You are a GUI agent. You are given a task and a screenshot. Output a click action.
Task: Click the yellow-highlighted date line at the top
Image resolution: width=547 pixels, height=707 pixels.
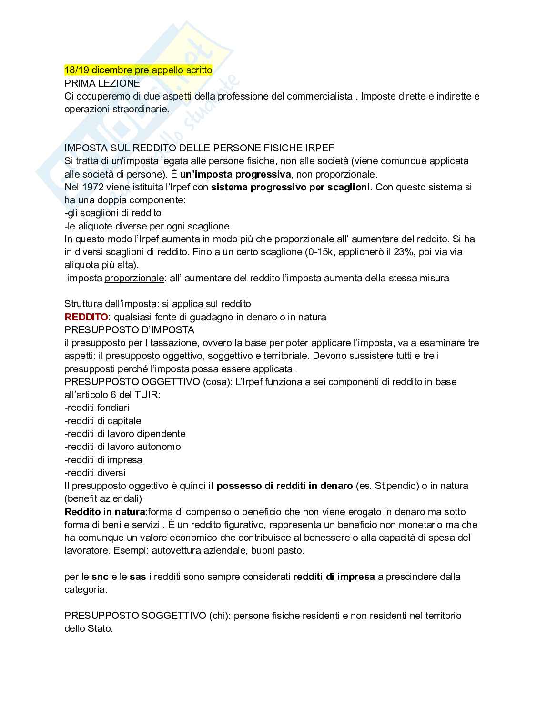[138, 70]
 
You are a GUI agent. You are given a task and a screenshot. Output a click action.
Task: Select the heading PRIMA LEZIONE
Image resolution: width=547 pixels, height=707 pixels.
[102, 83]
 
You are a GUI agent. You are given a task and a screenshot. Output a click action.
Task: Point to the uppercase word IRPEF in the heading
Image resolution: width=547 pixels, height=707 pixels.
[321, 148]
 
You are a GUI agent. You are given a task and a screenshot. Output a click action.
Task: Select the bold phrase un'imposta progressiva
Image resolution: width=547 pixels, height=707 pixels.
[235, 174]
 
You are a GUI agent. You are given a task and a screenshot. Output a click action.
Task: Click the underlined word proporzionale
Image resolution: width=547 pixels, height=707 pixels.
[134, 278]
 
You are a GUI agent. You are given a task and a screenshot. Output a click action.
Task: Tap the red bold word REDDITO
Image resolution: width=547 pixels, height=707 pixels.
[86, 317]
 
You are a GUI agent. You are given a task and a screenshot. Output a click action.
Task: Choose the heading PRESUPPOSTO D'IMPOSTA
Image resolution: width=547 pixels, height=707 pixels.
[129, 330]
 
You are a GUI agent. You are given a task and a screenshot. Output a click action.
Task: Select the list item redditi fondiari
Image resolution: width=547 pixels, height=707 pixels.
[97, 408]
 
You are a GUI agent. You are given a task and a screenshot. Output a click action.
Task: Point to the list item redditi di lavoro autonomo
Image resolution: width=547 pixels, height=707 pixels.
[122, 447]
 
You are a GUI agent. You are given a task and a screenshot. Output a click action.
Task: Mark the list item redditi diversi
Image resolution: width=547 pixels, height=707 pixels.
[95, 473]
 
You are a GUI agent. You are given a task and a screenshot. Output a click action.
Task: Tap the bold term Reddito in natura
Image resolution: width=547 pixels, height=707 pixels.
[105, 512]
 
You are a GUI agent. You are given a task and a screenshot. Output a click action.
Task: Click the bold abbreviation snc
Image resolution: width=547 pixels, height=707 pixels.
[100, 577]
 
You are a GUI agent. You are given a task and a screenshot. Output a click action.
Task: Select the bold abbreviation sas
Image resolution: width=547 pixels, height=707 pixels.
[138, 577]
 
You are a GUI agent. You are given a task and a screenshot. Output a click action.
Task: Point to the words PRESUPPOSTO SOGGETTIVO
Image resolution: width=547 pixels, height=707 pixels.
[135, 616]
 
